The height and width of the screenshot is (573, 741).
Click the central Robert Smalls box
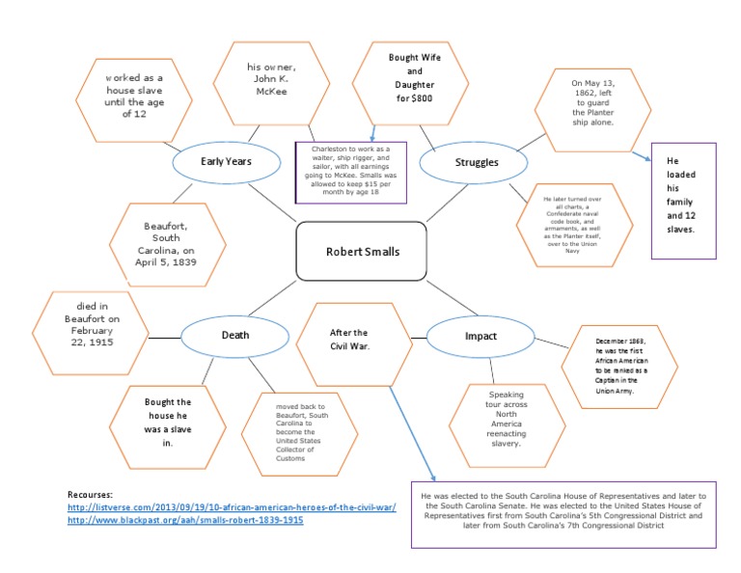(x=362, y=252)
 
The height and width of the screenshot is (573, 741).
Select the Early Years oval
(x=226, y=162)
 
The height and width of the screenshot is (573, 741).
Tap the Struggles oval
(x=477, y=162)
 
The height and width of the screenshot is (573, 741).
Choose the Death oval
(x=235, y=336)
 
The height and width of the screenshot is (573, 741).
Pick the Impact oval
(x=480, y=336)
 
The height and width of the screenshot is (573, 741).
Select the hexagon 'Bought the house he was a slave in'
(x=167, y=422)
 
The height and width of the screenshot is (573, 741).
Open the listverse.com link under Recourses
(x=232, y=506)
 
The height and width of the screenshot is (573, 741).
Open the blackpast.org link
(x=185, y=520)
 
